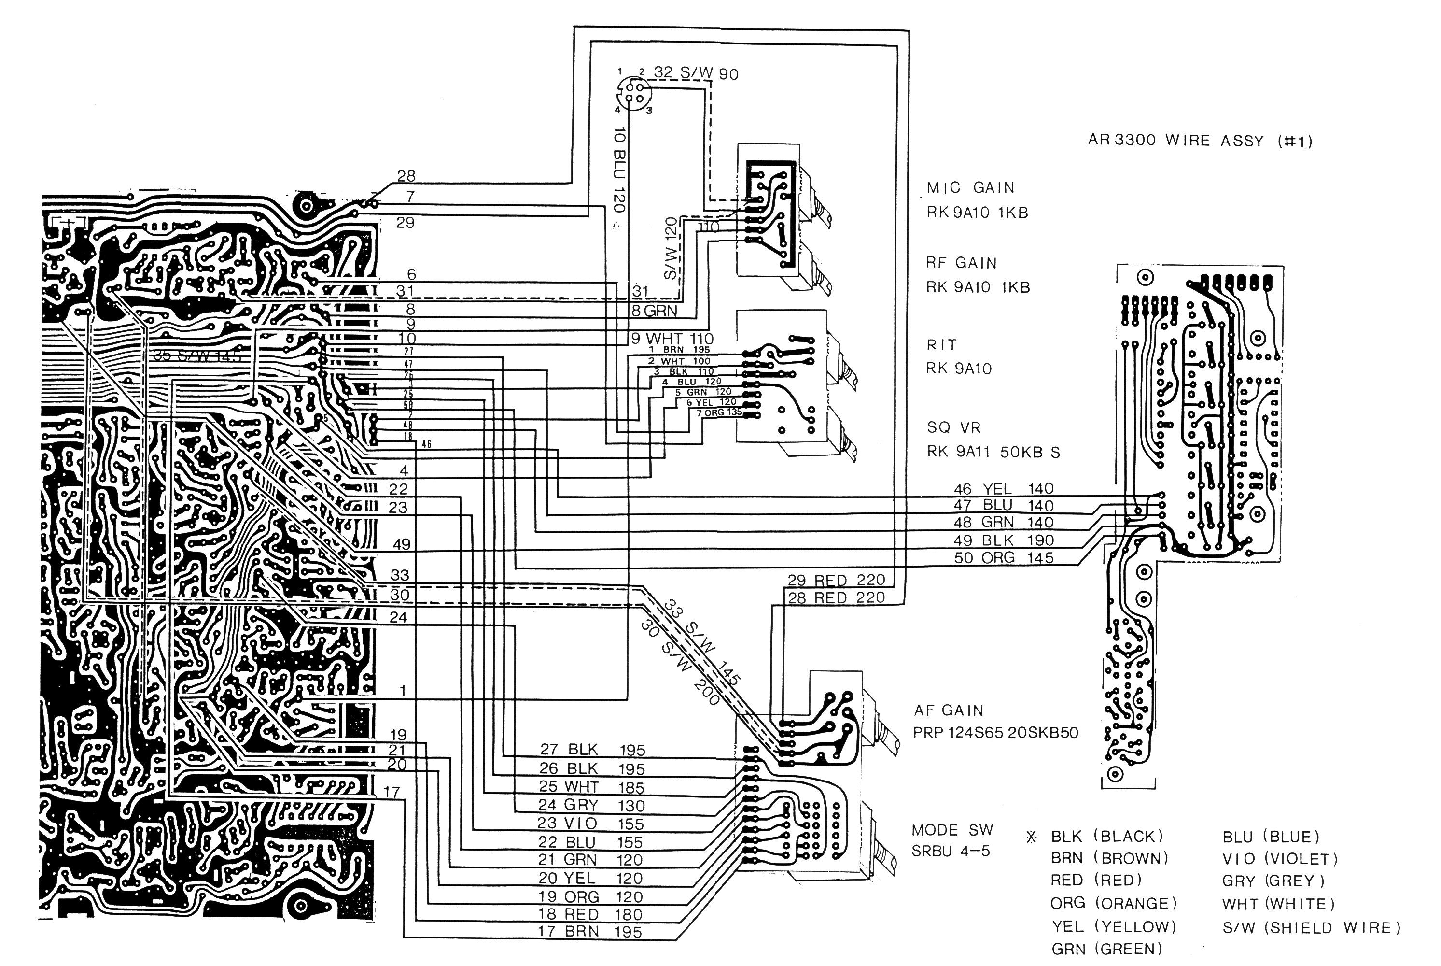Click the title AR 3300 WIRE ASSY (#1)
[1200, 141]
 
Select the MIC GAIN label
[970, 187]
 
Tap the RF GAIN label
[961, 263]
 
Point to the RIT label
[941, 344]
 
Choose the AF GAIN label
[948, 710]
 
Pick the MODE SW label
[952, 830]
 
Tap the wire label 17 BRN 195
[589, 932]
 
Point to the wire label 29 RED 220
[836, 581]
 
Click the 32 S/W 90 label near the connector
[695, 73]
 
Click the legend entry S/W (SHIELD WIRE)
[1311, 927]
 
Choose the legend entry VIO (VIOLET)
[1280, 858]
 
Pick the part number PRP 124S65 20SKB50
[995, 733]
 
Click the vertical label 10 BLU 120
[619, 170]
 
